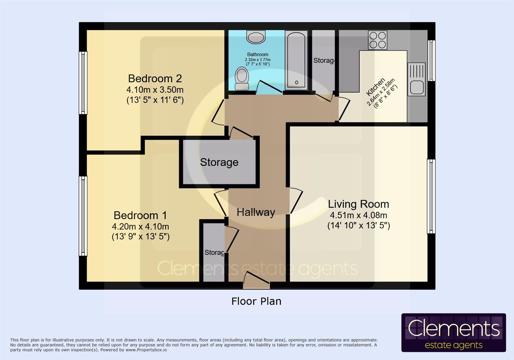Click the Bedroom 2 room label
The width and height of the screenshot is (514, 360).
click(155, 78)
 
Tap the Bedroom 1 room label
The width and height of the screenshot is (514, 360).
click(140, 215)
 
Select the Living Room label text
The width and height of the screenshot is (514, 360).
click(358, 204)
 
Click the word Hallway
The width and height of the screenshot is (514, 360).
click(256, 212)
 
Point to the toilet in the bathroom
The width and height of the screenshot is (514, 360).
click(242, 78)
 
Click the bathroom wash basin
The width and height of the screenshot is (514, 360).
click(256, 37)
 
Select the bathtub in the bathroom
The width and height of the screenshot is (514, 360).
click(296, 60)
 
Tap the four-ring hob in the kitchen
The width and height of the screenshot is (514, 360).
click(378, 40)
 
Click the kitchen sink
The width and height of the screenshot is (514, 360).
click(416, 79)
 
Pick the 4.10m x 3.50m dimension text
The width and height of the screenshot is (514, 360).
click(155, 90)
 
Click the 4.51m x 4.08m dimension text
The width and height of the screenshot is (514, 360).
click(358, 215)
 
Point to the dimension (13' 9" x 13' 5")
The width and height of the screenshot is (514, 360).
click(140, 237)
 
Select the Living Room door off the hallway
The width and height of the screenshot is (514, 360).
click(296, 201)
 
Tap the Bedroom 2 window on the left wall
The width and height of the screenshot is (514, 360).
click(83, 83)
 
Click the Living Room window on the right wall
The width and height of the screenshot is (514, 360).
click(431, 196)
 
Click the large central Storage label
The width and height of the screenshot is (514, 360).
click(219, 162)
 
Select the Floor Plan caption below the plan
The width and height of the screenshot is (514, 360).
click(256, 301)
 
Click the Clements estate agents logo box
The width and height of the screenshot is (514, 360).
click(453, 333)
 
